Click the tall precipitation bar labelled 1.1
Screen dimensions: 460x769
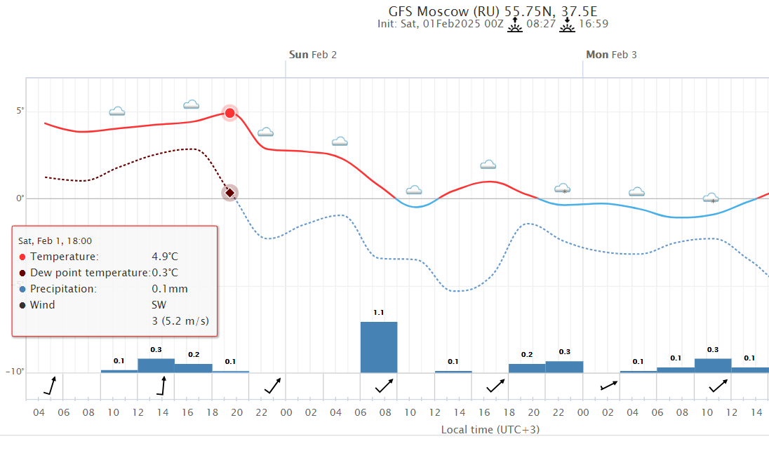pyautogui.click(x=379, y=347)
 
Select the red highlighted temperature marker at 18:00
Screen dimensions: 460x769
pyautogui.click(x=230, y=113)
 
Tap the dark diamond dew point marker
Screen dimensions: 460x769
pyautogui.click(x=230, y=193)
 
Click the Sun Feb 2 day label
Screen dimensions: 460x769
pyautogui.click(x=313, y=55)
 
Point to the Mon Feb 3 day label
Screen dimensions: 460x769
pyautogui.click(x=611, y=55)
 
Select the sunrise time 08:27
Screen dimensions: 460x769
pyautogui.click(x=541, y=25)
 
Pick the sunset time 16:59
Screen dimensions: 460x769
pyautogui.click(x=593, y=25)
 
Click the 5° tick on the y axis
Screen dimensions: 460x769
pyautogui.click(x=20, y=111)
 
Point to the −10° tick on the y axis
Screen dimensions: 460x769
pyautogui.click(x=16, y=372)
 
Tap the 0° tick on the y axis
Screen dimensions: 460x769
pyautogui.click(x=20, y=198)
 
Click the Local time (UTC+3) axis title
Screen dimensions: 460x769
pyautogui.click(x=490, y=430)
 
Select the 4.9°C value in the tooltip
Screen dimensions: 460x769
pyautogui.click(x=165, y=257)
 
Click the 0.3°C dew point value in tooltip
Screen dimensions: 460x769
pyautogui.click(x=165, y=273)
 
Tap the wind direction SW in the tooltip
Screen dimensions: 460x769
pyautogui.click(x=159, y=305)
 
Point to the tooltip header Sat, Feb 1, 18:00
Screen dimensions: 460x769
pyautogui.click(x=55, y=241)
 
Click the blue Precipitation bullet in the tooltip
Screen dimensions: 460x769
pyautogui.click(x=22, y=289)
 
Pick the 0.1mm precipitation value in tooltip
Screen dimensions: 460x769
pyautogui.click(x=170, y=289)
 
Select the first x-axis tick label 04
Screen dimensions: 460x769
pyautogui.click(x=39, y=412)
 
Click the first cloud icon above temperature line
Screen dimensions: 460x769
pyautogui.click(x=117, y=111)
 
